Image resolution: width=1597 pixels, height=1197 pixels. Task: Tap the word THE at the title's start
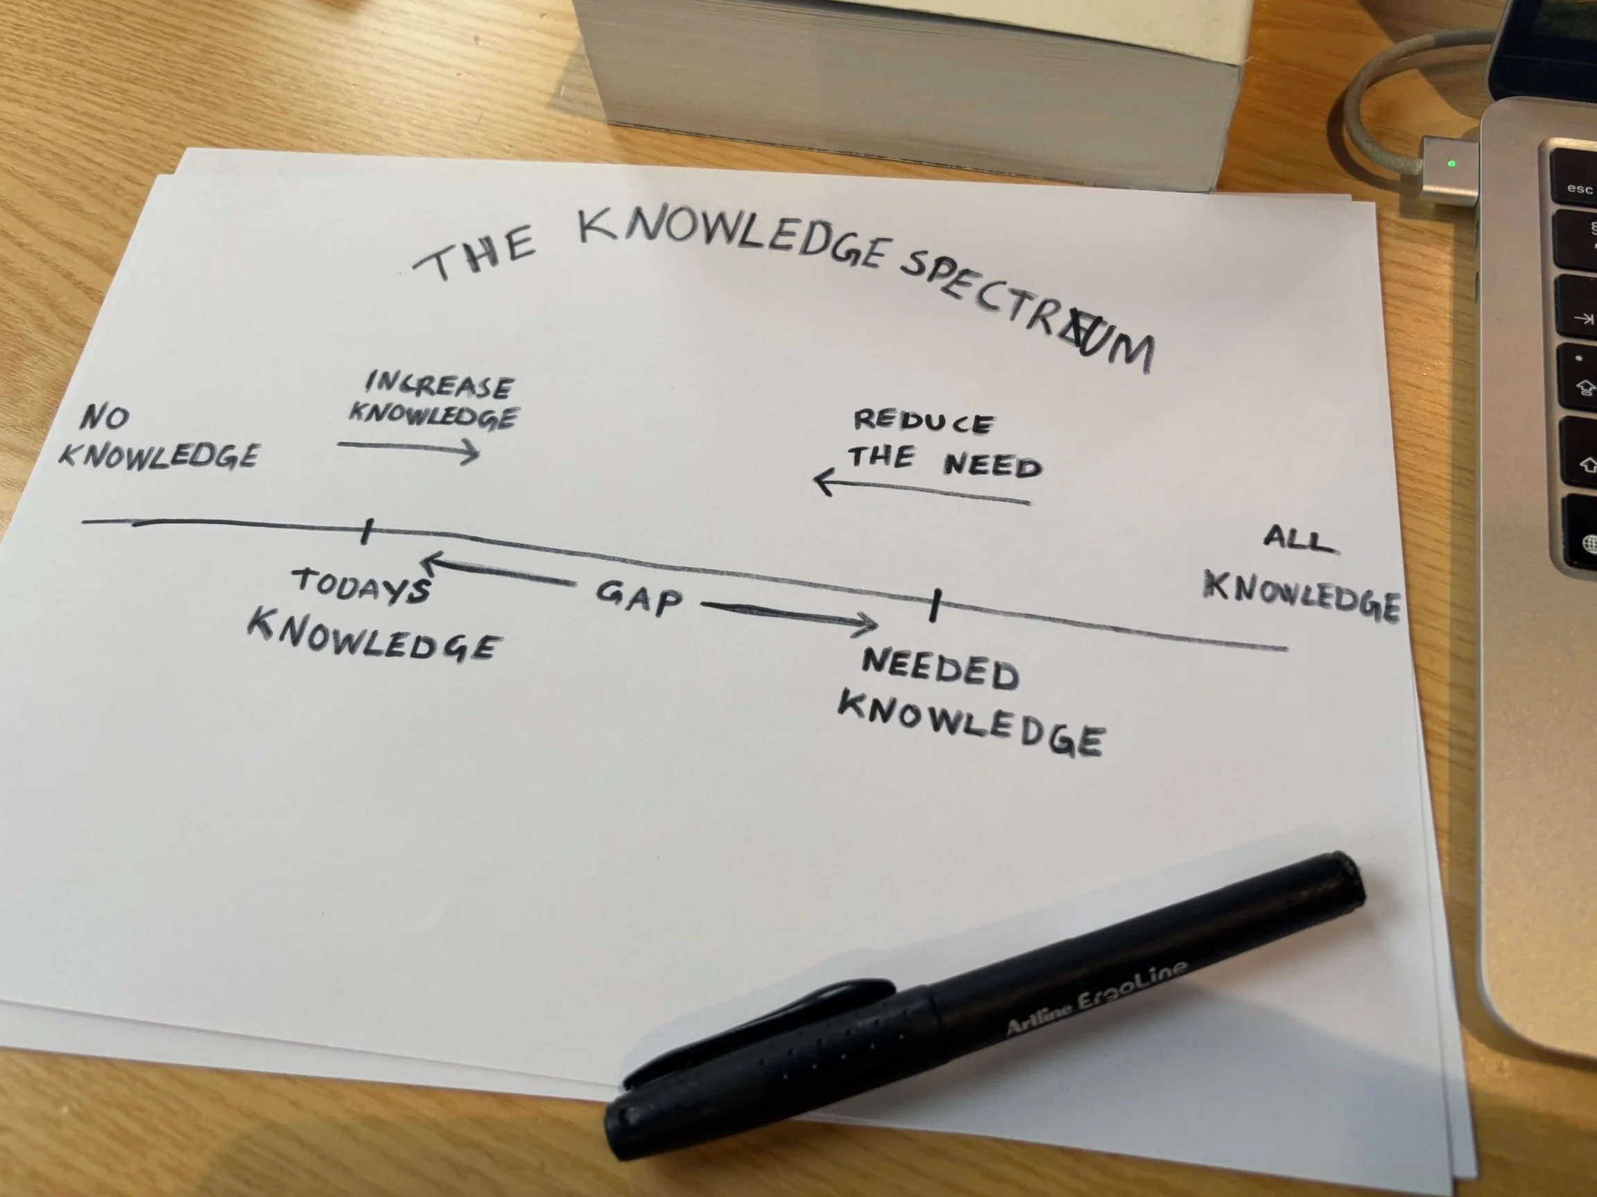[476, 252]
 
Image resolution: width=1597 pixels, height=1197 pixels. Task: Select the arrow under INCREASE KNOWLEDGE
[408, 450]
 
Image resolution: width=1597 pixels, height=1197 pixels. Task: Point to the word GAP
[639, 598]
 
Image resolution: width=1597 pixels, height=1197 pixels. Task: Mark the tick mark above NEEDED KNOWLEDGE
[935, 605]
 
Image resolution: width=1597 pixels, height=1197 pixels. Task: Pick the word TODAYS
[362, 586]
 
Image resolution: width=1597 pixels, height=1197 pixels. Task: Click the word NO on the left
[105, 417]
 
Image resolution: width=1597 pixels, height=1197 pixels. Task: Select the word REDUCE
[924, 421]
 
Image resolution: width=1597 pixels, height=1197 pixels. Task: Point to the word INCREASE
[439, 385]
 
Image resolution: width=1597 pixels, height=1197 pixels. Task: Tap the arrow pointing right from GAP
[790, 615]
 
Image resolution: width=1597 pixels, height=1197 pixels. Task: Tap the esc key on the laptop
[1578, 189]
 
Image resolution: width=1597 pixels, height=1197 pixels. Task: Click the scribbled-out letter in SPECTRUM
[1085, 338]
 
